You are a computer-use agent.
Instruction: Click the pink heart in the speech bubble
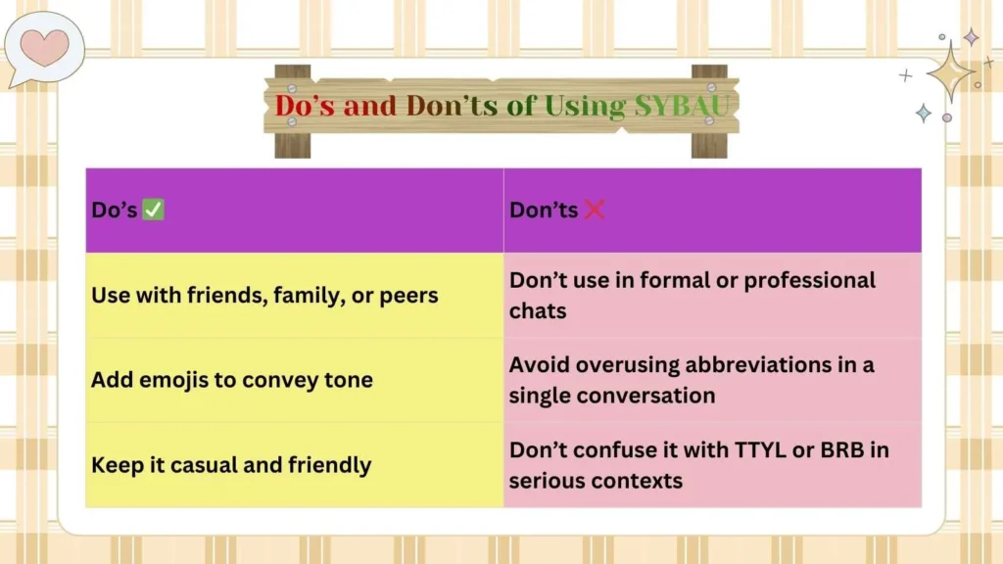[x=45, y=45]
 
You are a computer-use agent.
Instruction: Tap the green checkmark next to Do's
[x=153, y=210]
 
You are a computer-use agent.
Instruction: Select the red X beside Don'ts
[x=594, y=210]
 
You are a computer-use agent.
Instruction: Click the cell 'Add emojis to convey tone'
[x=232, y=380]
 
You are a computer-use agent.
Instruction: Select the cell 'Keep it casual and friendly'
[x=231, y=464]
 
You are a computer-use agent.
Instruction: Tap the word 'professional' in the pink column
[x=810, y=280]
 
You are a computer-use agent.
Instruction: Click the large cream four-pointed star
[x=948, y=71]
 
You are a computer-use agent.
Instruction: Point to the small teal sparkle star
[x=923, y=113]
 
